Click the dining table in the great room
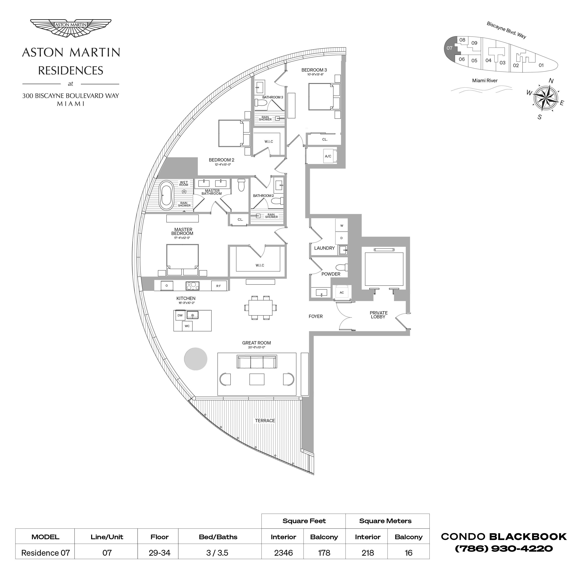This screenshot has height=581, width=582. [261, 308]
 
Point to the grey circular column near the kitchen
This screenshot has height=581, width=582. [196, 359]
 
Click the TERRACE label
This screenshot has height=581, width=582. [265, 420]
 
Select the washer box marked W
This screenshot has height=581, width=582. [342, 226]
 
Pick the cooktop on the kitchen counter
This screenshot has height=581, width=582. [193, 286]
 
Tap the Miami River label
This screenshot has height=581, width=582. [485, 81]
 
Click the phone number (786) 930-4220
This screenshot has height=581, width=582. [504, 549]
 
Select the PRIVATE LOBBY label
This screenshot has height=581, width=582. [379, 315]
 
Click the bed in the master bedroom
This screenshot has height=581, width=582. [182, 259]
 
